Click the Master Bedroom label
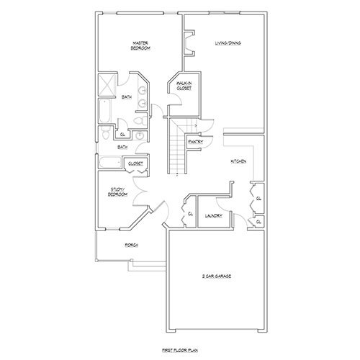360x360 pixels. (140, 45)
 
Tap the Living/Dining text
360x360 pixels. (228, 43)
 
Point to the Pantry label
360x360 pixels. (194, 142)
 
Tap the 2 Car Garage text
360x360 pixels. (210, 276)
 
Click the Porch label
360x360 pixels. (131, 245)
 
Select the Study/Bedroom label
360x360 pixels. (117, 192)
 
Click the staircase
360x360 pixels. (176, 148)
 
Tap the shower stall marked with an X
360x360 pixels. (106, 85)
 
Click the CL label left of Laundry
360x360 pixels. (190, 214)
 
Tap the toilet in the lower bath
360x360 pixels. (106, 134)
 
